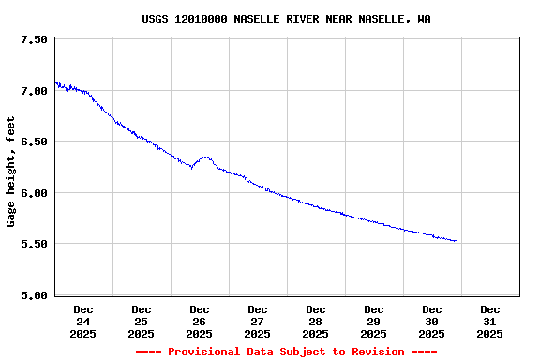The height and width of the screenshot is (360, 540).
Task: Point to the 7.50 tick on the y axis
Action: tap(33, 40)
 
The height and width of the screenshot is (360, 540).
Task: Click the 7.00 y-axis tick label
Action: tap(33, 91)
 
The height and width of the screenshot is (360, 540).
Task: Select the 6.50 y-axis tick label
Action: tap(33, 142)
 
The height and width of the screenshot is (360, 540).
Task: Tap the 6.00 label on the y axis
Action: tap(33, 193)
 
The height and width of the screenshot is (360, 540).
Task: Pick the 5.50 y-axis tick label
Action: tap(33, 244)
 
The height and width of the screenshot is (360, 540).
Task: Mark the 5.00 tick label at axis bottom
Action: tap(33, 295)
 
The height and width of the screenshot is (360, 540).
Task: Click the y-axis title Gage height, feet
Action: tap(11, 172)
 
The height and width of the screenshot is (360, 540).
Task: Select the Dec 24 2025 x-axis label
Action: tap(83, 321)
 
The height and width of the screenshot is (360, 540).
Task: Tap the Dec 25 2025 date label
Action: tap(142, 321)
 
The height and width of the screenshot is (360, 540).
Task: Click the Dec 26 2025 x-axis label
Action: tap(200, 321)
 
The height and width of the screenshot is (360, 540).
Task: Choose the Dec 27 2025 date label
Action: tap(258, 321)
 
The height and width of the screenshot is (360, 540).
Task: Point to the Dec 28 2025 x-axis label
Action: tap(316, 321)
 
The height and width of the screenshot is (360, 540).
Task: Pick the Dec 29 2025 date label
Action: tap(374, 321)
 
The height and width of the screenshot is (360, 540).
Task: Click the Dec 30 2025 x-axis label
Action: tap(432, 321)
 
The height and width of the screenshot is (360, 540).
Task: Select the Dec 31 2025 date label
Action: tap(490, 321)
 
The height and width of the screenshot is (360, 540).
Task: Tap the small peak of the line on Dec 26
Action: tap(205, 157)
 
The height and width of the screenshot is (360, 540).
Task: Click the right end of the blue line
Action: tap(456, 241)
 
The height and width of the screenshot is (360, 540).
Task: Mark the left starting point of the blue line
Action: tap(55, 82)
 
